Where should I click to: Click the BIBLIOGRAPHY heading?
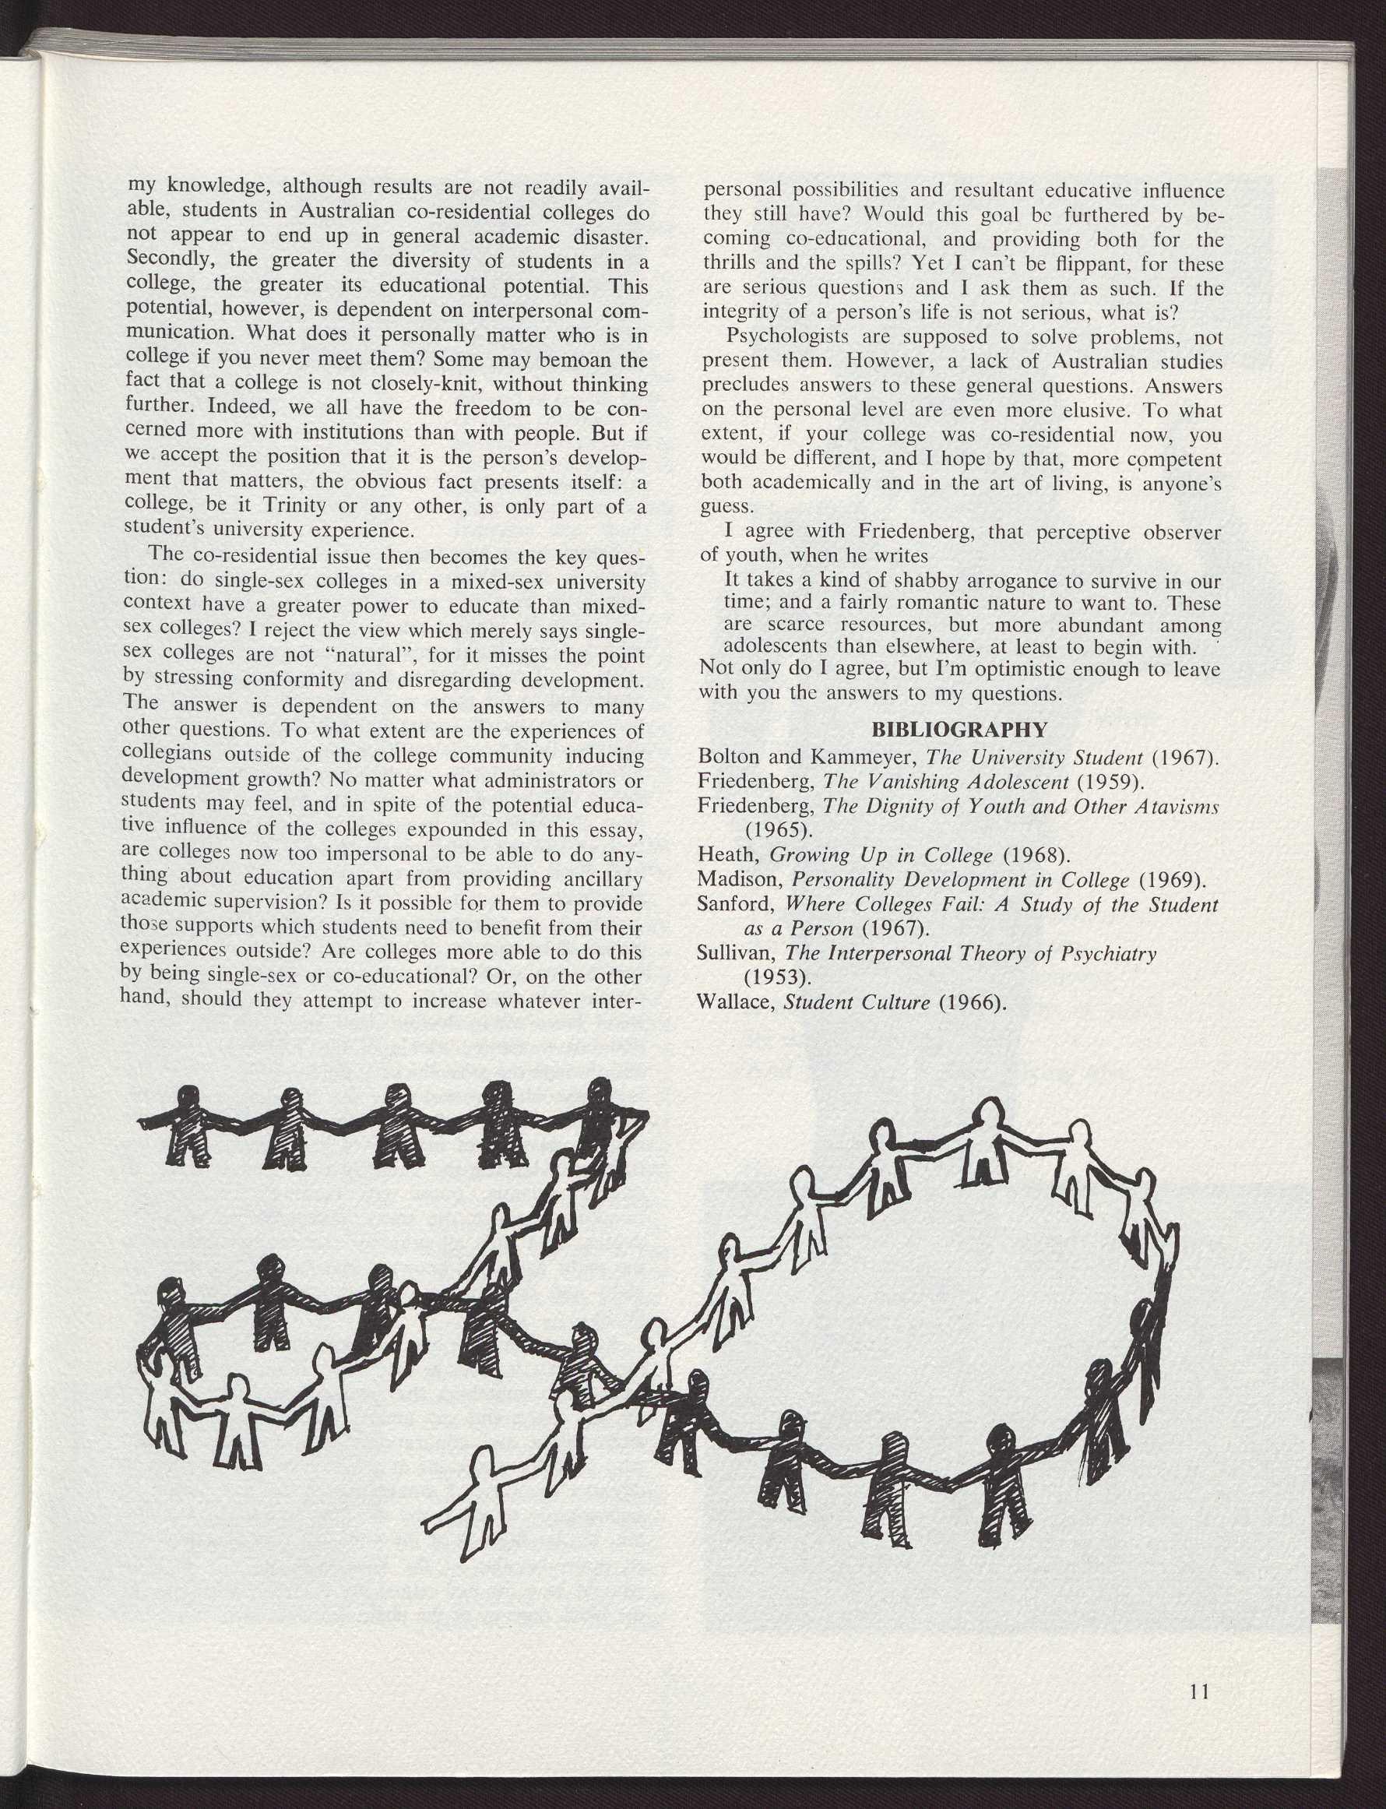[959, 730]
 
